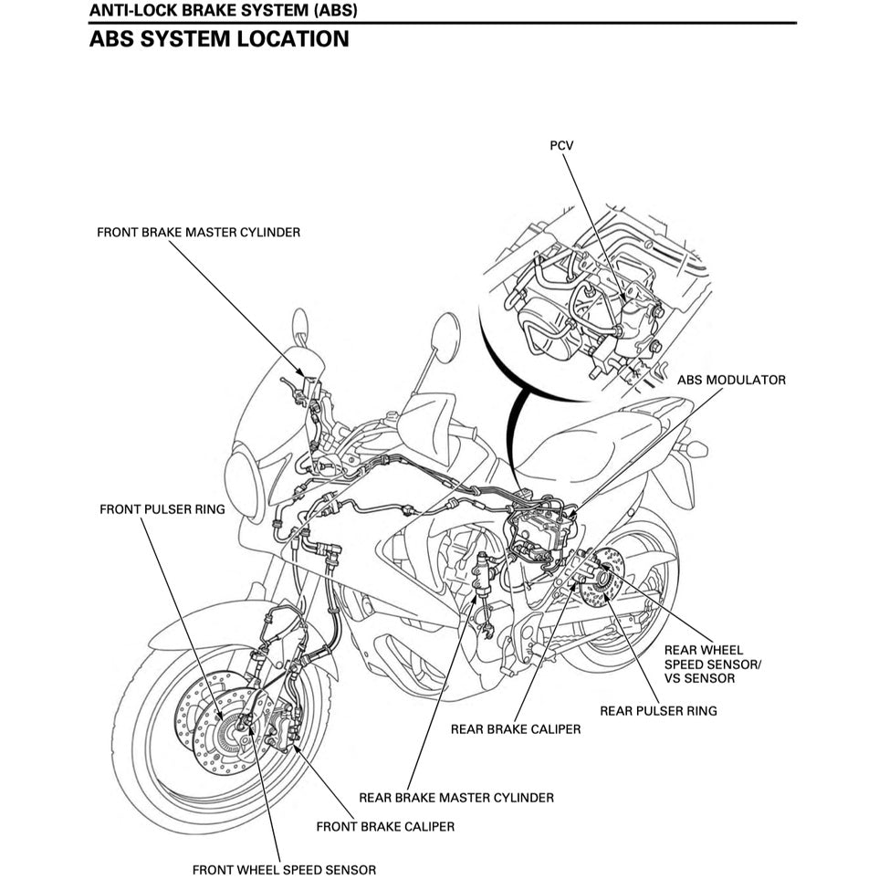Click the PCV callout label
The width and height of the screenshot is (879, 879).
tap(561, 145)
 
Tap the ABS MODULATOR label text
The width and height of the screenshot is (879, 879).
tap(731, 380)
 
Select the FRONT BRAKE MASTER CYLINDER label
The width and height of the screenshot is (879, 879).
tap(198, 233)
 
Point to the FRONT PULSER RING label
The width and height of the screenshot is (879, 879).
tap(162, 509)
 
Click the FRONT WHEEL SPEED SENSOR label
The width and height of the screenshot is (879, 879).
tap(284, 869)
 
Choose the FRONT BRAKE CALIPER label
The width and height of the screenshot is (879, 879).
tap(384, 827)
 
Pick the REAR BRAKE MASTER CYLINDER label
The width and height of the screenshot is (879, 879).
tap(455, 797)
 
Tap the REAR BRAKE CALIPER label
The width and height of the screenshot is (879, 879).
tap(515, 729)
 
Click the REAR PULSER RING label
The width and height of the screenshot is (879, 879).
tap(657, 710)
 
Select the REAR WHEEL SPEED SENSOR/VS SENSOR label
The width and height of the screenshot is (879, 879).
tap(712, 664)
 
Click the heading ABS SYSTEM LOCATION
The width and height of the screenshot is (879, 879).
tap(219, 39)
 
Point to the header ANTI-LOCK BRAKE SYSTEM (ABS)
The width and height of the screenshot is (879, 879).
tap(224, 11)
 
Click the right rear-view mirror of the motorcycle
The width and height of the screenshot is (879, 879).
tap(446, 337)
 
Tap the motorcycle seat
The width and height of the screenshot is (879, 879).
tap(584, 447)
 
